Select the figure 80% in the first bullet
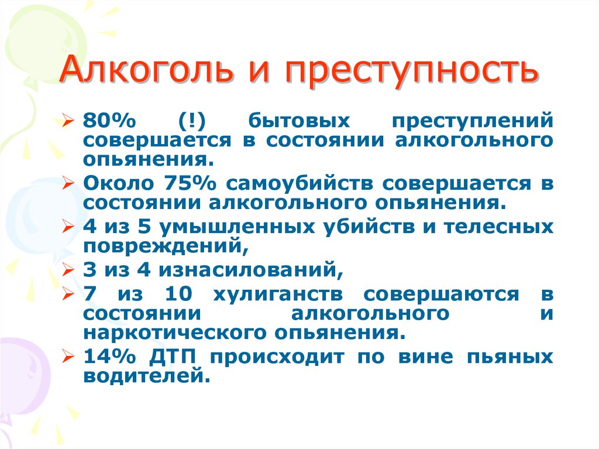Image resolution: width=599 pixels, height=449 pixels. point(109,121)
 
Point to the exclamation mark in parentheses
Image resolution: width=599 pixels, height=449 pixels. point(192,121)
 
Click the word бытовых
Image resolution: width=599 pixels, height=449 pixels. point(299,121)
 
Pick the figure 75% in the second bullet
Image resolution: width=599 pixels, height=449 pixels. point(190,184)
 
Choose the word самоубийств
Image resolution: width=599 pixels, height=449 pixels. point(299,184)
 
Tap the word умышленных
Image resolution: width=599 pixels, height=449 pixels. point(237,227)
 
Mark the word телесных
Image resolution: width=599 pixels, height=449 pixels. point(498,227)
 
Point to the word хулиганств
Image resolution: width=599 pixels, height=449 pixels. point(277,294)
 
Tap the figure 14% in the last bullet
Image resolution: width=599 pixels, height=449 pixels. point(109,357)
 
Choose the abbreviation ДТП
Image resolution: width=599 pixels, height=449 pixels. point(173,357)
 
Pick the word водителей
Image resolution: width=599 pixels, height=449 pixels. point(147,376)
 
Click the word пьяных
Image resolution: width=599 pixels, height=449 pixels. point(510,357)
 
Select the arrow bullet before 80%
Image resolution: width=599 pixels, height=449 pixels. point(68,121)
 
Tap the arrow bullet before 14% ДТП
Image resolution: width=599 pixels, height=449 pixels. point(68,357)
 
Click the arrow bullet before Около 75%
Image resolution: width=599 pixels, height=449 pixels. point(68,184)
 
